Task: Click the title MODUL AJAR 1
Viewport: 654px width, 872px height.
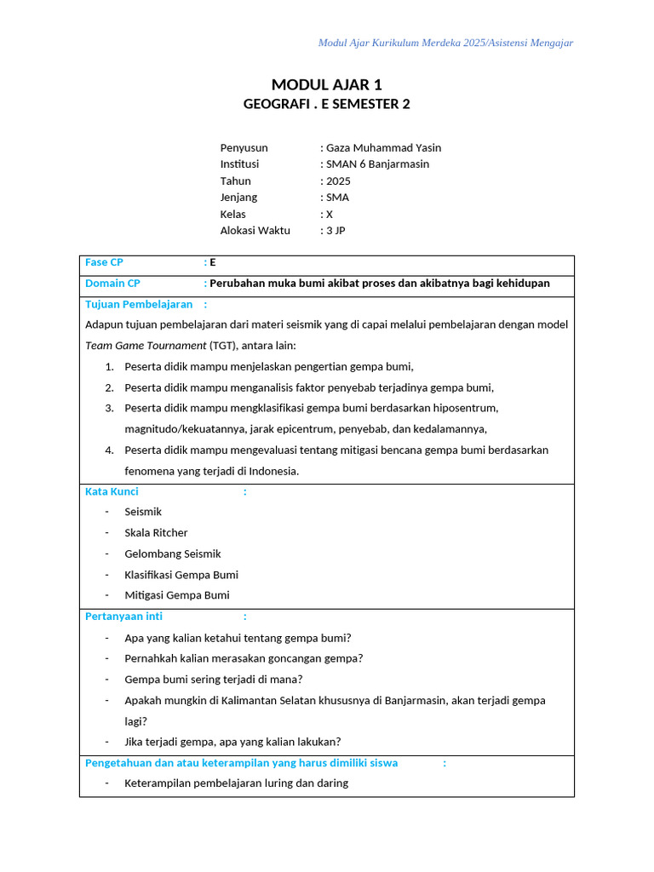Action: click(327, 84)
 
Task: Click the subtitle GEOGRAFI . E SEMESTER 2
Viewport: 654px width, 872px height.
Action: click(326, 104)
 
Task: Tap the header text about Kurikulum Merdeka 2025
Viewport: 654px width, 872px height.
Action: click(445, 43)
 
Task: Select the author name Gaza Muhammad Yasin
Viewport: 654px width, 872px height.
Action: click(383, 147)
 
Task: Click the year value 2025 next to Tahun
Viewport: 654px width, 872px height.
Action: click(338, 181)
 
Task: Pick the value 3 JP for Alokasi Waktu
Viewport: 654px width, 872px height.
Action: click(336, 230)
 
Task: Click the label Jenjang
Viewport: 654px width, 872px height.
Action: click(238, 197)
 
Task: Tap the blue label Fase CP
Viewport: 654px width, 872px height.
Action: click(104, 262)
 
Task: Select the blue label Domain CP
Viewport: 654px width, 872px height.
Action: click(112, 283)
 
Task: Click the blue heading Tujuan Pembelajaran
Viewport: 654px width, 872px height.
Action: click(139, 304)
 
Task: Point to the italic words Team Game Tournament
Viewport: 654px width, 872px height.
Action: click(146, 345)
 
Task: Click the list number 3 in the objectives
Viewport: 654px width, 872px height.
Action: click(109, 408)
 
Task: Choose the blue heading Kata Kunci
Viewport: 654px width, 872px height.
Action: click(112, 491)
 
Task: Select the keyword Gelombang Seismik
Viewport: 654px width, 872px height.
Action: click(172, 554)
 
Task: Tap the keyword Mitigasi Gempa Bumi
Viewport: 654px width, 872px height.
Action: click(177, 595)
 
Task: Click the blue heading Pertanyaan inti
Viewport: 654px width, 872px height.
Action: click(123, 616)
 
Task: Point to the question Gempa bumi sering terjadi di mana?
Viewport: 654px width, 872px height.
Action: click(214, 679)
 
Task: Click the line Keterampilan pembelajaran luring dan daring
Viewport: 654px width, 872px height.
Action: click(236, 783)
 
